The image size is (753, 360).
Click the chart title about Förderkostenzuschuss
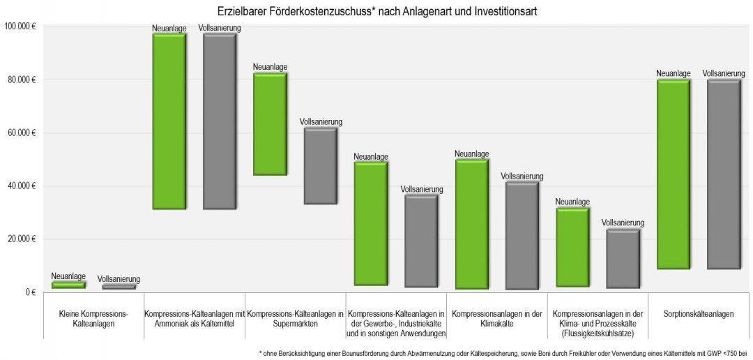coord(376,12)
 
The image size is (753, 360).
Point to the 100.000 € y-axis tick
coord(20,27)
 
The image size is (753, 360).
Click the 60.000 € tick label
coord(22,133)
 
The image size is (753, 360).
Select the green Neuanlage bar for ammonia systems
coord(169,121)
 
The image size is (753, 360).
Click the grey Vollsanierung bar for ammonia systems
coord(220,121)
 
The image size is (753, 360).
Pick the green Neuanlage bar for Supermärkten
coord(270,124)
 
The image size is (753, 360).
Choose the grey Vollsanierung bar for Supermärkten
coord(321,166)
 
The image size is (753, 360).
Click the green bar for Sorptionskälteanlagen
coord(673,174)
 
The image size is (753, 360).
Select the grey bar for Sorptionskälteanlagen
coord(724,174)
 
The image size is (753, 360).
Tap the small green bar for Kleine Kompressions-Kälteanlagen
coord(68,285)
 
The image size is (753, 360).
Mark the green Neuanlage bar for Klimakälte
coord(471,224)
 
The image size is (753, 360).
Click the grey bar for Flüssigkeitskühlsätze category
coord(623,259)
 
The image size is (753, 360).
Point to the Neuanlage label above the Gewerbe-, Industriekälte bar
coord(371,156)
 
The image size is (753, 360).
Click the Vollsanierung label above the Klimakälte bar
coord(522,176)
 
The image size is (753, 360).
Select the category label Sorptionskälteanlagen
coord(699,314)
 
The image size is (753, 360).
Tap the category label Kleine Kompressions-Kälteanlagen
coord(94,319)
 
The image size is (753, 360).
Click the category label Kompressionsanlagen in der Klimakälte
coord(497,319)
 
